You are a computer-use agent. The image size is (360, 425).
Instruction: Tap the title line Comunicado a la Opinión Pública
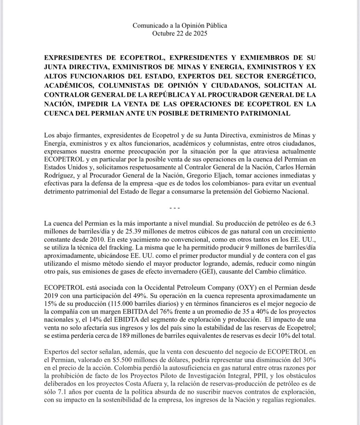pos(180,25)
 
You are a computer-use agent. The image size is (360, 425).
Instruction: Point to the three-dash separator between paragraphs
pos(180,207)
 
